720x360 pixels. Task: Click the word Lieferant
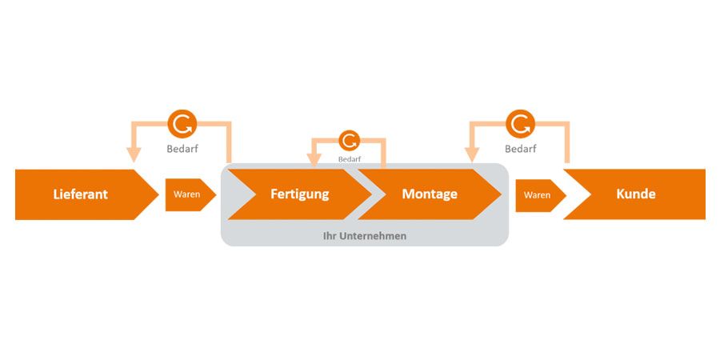(x=80, y=194)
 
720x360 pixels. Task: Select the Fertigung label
(x=299, y=194)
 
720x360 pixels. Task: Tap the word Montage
(x=430, y=194)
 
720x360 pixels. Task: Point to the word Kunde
(x=636, y=194)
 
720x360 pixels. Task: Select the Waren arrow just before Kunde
(x=538, y=194)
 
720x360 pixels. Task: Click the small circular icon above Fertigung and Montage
(x=349, y=141)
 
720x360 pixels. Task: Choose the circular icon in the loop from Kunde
(x=520, y=124)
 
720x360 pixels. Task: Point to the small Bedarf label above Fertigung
(x=349, y=158)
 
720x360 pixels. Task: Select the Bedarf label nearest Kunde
(x=520, y=149)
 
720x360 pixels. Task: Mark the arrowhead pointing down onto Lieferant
(x=133, y=155)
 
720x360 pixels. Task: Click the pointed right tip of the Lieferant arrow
(x=158, y=194)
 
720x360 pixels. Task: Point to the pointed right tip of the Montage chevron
(x=501, y=194)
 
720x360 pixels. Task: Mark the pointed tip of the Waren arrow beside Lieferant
(x=215, y=194)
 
